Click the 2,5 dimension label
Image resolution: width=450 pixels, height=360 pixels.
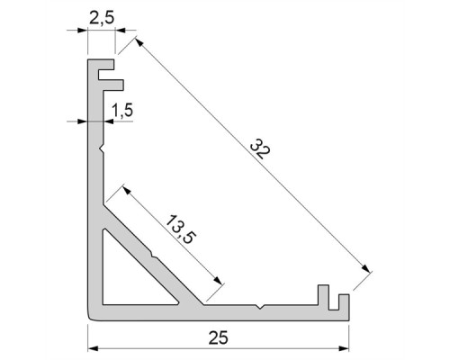pos(102,18)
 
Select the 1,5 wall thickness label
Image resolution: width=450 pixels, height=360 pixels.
pos(122,110)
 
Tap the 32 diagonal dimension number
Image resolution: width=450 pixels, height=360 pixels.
pos(260,148)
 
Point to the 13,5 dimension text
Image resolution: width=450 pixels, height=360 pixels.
pos(181,229)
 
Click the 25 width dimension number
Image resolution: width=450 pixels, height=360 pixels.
pos(219,337)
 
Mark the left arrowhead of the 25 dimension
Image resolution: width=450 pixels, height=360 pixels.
pos(93,348)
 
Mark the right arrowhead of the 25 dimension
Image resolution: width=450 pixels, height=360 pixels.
pos(344,348)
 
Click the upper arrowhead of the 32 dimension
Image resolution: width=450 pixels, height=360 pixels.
pos(139,42)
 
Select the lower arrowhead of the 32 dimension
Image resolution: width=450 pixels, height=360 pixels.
pos(365,268)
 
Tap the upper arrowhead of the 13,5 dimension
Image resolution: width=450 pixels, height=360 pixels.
pos(127,190)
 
